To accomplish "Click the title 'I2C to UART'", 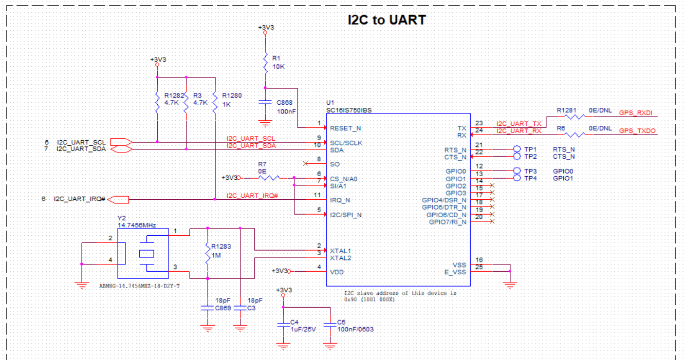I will click(x=387, y=20).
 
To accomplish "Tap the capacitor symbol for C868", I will click(x=265, y=103).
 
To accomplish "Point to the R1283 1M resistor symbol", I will click(x=207, y=254).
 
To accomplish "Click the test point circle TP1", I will click(x=517, y=149).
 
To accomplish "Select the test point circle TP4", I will click(x=517, y=178).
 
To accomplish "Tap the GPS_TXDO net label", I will click(x=637, y=131).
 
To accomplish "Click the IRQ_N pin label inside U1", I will click(x=340, y=200).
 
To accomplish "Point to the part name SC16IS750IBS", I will click(x=349, y=109).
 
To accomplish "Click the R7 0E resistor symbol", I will click(x=269, y=178).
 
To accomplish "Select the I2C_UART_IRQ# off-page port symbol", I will click(x=118, y=199).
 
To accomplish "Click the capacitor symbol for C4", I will click(x=283, y=325).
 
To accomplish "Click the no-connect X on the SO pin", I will click(x=306, y=164).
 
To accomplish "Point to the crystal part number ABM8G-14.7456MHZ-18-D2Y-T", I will click(x=139, y=286).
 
